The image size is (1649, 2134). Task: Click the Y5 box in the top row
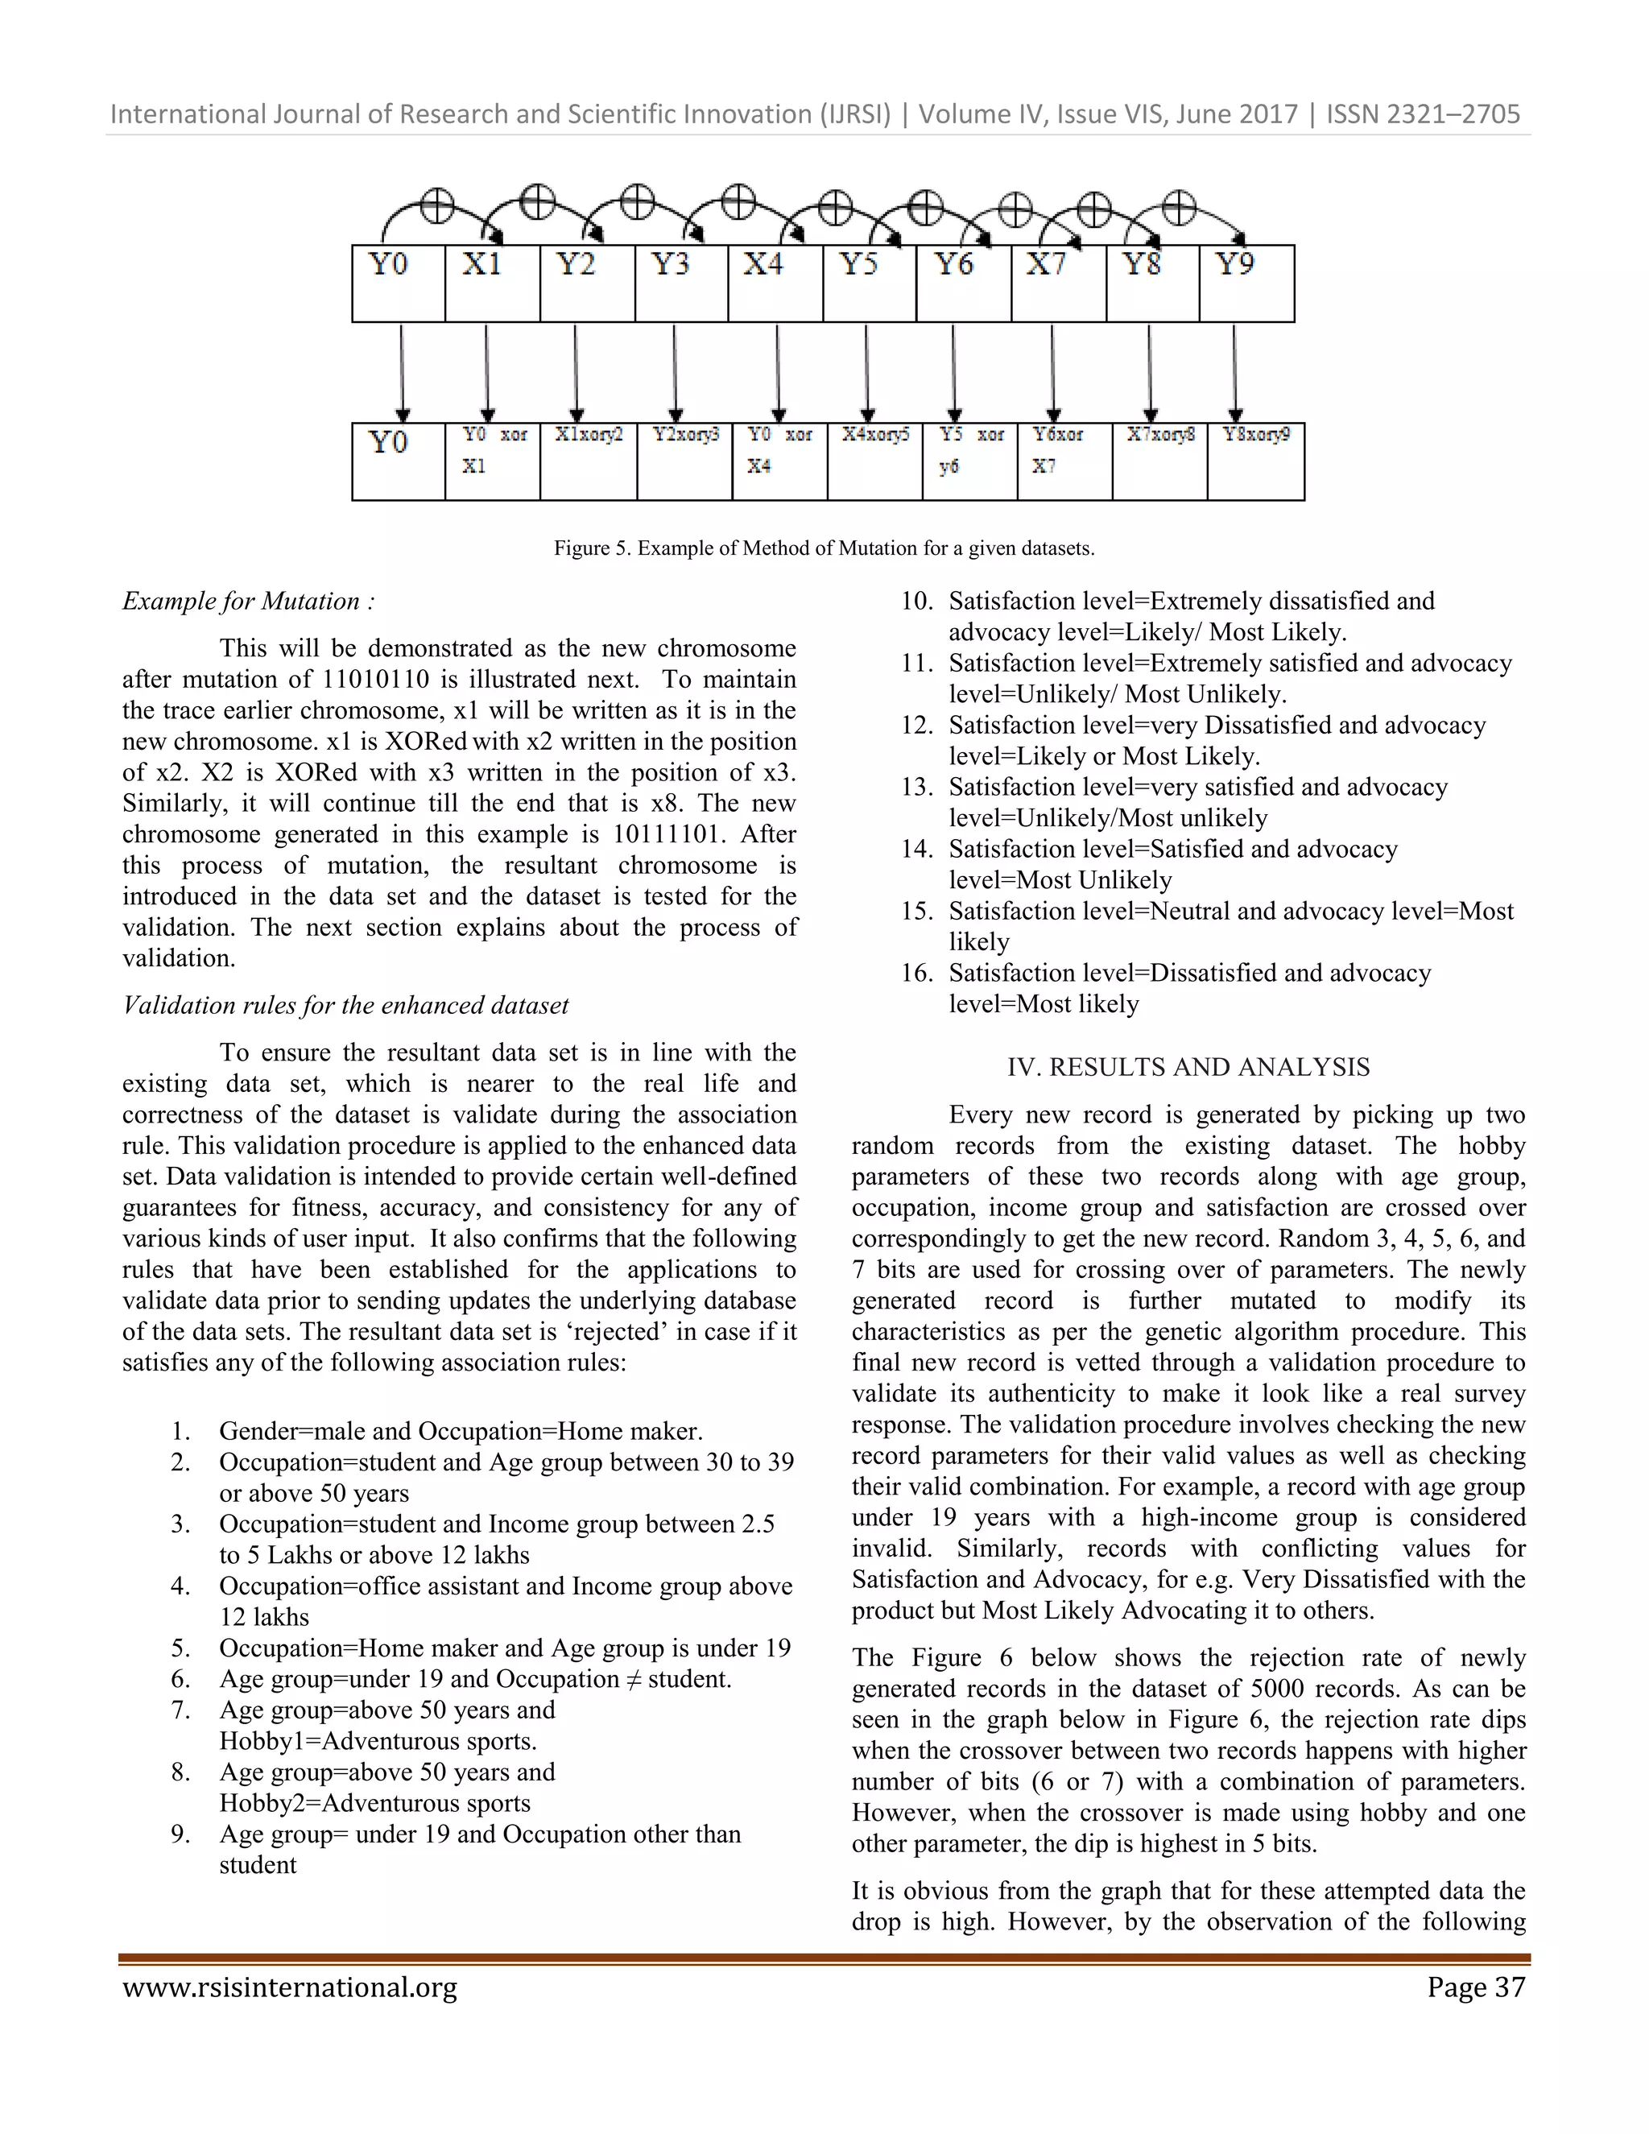pos(869,283)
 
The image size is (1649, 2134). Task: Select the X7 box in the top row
pos(1058,283)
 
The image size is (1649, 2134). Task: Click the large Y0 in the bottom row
pos(389,444)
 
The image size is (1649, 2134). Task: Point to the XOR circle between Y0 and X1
pos(436,205)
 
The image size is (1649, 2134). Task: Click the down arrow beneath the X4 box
pos(778,372)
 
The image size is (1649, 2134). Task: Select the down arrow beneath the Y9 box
pos(1235,372)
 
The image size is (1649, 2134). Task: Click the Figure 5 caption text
pos(824,548)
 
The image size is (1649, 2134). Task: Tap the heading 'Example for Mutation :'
pos(248,601)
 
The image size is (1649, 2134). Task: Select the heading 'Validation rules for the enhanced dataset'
pos(345,1006)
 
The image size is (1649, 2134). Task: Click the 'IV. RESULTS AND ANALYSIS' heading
pos(1188,1067)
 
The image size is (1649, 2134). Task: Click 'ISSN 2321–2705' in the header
pos(1423,114)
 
